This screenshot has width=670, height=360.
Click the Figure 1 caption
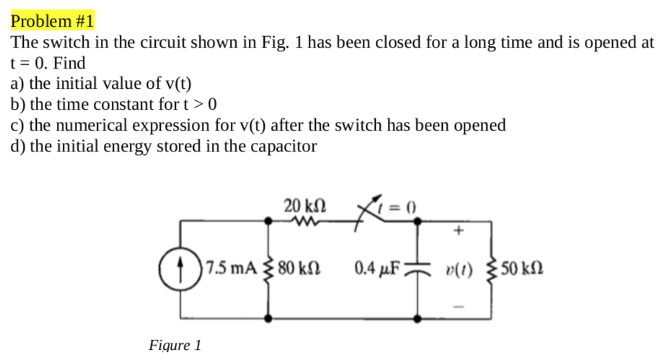(175, 345)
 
